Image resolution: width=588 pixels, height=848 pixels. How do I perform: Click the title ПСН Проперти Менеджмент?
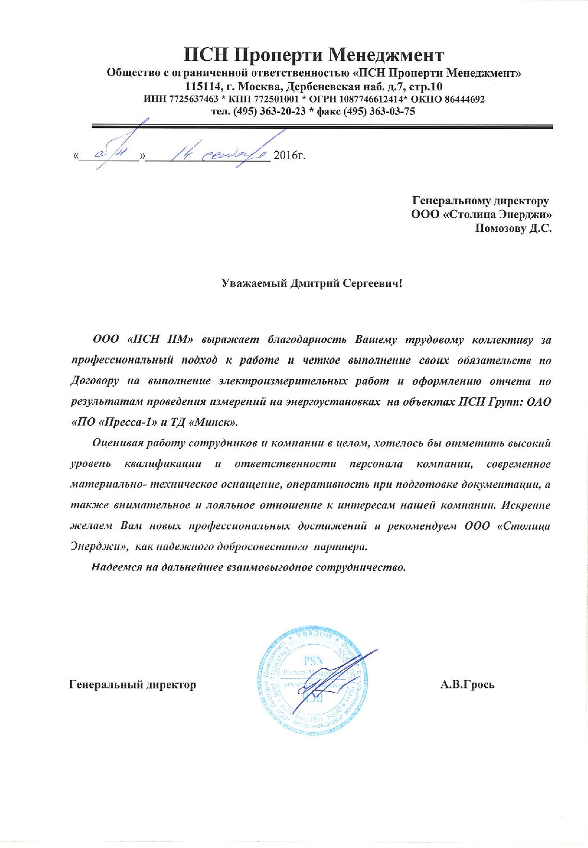coord(314,55)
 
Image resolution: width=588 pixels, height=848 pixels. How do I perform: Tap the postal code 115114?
coord(202,87)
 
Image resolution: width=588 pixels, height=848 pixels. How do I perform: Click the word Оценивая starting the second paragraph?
coord(117,443)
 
